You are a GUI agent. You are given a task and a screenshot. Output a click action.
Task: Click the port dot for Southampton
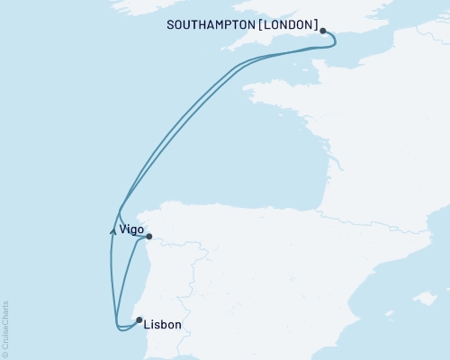(x=322, y=31)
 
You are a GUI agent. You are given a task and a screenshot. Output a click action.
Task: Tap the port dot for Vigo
(x=149, y=238)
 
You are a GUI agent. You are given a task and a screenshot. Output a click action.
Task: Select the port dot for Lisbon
(x=138, y=319)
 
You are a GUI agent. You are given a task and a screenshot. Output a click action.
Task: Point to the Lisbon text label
(x=163, y=325)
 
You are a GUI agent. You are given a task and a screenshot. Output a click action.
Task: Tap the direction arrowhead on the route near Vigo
(x=112, y=230)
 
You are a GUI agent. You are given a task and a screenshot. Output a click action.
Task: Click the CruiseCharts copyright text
(x=6, y=328)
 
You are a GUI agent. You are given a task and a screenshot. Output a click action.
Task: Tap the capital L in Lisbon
(x=147, y=325)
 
